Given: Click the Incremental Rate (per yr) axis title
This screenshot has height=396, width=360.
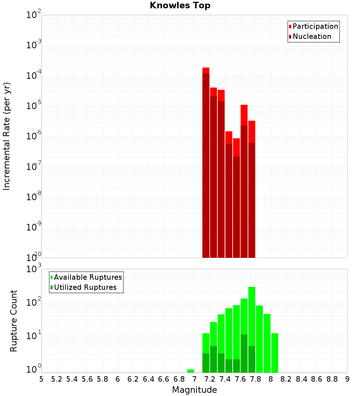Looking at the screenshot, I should tap(7, 136).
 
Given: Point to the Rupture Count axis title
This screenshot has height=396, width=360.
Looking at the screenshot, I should tap(14, 320).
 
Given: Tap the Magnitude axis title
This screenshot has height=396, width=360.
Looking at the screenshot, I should tap(194, 390).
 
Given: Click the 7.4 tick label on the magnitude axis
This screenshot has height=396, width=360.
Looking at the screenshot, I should tap(225, 379).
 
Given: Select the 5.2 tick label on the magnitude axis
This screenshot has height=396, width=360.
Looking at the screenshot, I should tap(57, 379).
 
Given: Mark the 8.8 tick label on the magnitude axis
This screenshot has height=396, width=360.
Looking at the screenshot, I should tap(332, 379).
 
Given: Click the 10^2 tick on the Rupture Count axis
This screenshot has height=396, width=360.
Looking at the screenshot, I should tap(34, 302).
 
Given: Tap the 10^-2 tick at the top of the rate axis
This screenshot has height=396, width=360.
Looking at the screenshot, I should tap(34, 15).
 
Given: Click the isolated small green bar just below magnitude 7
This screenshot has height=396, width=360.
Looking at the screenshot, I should tap(190, 371).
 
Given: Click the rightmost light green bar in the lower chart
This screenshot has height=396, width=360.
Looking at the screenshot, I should tap(275, 353).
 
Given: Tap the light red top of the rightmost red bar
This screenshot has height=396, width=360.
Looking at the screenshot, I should tap(252, 131).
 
